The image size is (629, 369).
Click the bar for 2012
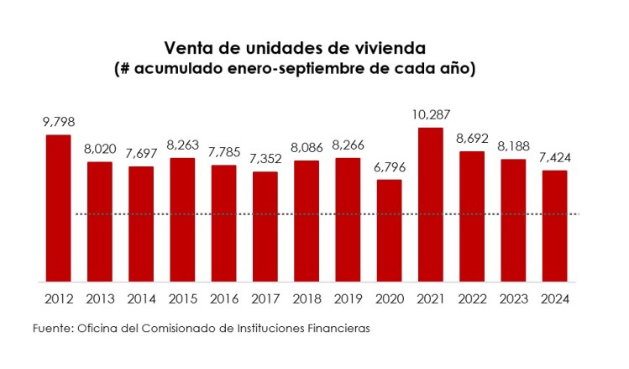click(58, 208)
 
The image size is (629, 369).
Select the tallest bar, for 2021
click(430, 204)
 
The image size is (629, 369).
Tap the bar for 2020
click(389, 230)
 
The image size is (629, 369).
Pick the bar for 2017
click(265, 226)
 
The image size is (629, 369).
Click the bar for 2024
click(554, 225)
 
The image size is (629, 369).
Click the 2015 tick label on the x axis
click(182, 298)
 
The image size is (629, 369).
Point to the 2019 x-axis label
click(348, 298)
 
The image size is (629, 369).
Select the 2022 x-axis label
click(471, 298)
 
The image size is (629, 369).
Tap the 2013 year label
click(100, 298)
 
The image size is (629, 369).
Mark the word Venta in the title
click(186, 47)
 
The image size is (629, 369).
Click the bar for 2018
click(307, 220)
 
